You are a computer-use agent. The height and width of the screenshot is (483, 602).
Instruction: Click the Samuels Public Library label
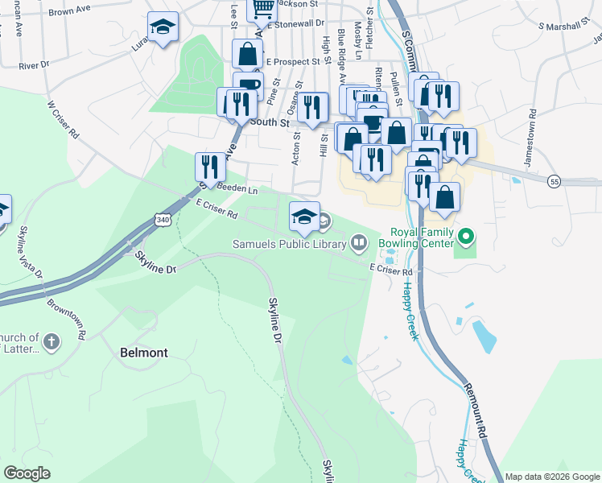[290, 242]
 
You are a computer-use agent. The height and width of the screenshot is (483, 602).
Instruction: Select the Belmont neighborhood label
[143, 353]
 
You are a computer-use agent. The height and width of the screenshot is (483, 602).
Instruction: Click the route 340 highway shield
[163, 219]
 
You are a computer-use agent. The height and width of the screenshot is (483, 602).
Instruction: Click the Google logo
[27, 473]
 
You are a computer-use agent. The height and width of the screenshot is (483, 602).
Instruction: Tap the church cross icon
[52, 341]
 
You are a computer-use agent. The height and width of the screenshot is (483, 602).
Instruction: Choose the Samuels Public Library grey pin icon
[358, 242]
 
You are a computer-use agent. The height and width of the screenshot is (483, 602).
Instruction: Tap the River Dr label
[34, 64]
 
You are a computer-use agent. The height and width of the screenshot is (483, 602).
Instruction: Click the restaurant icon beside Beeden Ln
[210, 167]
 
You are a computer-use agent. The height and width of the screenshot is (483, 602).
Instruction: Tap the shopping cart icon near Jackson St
[263, 8]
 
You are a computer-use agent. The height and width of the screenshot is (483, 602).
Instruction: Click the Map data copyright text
[551, 476]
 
